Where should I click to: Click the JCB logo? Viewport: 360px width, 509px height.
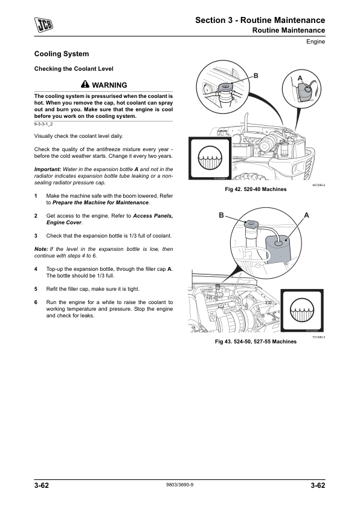point(43,25)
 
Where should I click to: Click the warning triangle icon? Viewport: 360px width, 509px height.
point(85,85)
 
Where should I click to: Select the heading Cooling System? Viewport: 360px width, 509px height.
point(62,54)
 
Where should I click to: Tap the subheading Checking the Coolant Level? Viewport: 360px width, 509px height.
point(74,69)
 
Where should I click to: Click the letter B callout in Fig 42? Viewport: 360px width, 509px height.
point(256,76)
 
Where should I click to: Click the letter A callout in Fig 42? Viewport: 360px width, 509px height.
point(300,78)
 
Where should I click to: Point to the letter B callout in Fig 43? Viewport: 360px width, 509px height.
point(221,215)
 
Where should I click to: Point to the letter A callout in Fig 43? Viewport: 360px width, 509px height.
point(306,215)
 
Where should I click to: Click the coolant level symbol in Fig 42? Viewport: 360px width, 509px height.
point(210,158)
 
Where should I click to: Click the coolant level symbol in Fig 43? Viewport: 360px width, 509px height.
point(302,310)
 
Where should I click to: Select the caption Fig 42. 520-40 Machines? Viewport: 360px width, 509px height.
point(256,189)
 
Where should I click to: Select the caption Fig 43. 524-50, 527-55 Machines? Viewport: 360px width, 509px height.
point(256,342)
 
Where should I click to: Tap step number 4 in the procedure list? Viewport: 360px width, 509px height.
point(36,269)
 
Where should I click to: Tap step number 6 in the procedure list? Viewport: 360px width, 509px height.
point(36,302)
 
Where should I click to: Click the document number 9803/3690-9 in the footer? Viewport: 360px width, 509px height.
point(179,485)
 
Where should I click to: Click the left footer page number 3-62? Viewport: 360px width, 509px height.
point(42,485)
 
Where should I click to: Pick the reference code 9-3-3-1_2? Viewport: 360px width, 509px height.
point(43,125)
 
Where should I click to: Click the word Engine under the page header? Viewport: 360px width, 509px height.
point(315,42)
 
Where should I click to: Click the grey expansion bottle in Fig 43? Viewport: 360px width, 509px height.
point(277,248)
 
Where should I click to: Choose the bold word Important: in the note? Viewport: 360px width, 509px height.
point(48,169)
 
